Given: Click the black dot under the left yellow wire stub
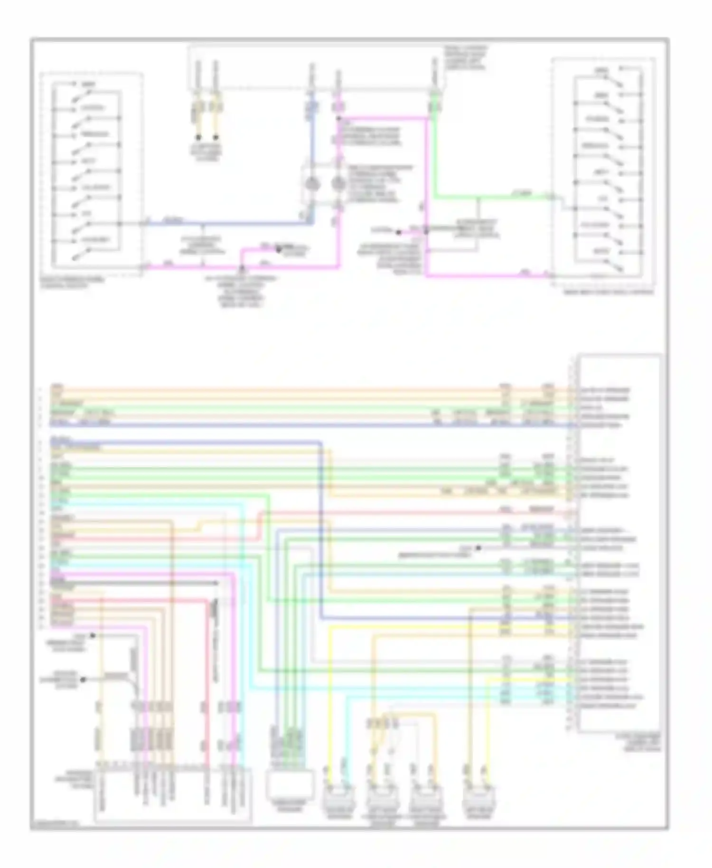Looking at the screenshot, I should (199, 138).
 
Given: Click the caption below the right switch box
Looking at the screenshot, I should (608, 292).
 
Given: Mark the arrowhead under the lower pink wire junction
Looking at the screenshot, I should (243, 269).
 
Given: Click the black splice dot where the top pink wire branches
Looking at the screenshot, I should (338, 118).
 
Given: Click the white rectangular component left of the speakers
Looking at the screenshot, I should (290, 784).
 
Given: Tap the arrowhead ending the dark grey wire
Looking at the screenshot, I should (217, 583).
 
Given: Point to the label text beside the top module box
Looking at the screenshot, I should (466, 58).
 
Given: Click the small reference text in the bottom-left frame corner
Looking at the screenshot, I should (55, 823).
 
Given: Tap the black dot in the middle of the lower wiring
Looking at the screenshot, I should (478, 548).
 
